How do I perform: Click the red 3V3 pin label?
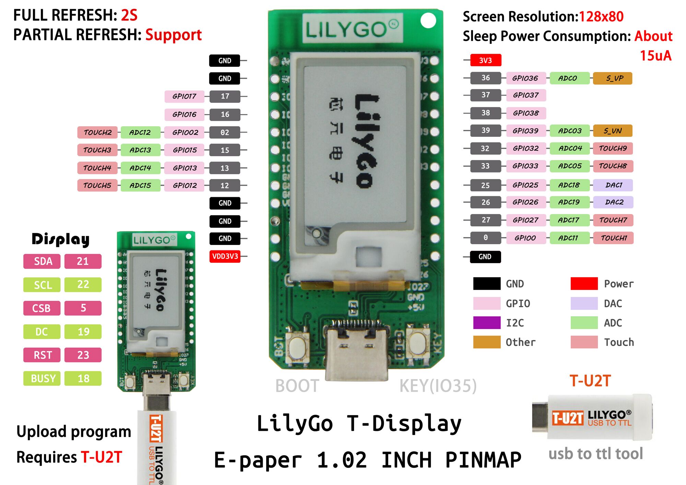click(x=485, y=60)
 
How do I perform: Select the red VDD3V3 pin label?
click(x=225, y=256)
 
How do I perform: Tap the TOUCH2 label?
click(x=98, y=132)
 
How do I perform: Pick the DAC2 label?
click(x=614, y=202)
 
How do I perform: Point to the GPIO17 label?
click(x=185, y=96)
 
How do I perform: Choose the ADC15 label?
click(x=140, y=186)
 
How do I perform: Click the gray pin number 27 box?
click(x=486, y=220)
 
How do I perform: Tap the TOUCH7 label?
click(x=613, y=220)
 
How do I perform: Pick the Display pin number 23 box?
click(x=83, y=355)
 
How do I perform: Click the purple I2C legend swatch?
click(x=487, y=323)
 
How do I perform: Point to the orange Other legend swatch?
click(x=487, y=342)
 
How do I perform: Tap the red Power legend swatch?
click(x=584, y=284)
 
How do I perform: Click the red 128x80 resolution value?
click(x=601, y=16)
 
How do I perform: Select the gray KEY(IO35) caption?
click(x=438, y=386)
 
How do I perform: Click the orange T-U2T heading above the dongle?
click(x=590, y=381)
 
